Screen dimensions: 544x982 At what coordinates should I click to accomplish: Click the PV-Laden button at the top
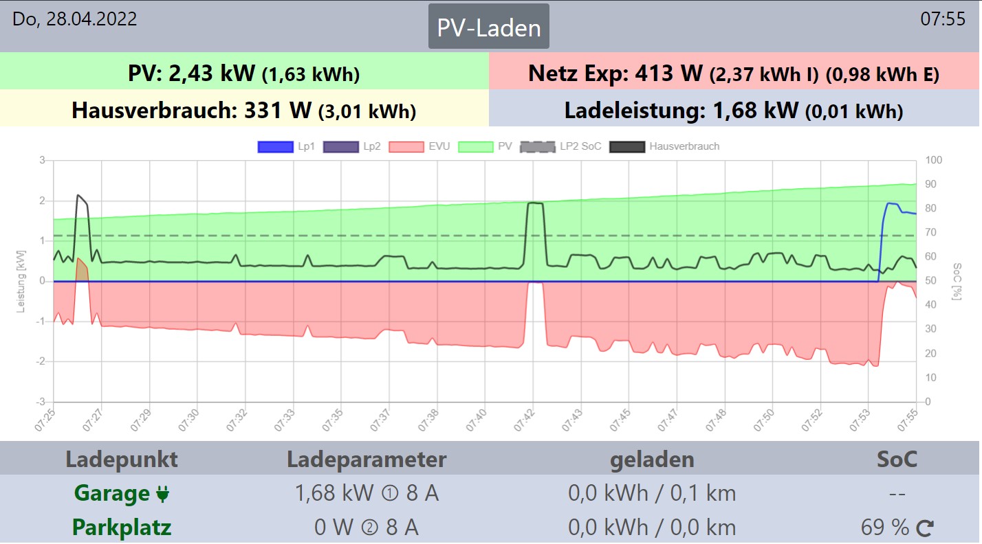click(489, 27)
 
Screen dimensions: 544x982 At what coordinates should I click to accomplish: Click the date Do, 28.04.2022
click(75, 19)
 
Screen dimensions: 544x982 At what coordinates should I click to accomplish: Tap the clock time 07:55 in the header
click(943, 19)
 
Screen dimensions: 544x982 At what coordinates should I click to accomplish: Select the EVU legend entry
click(419, 146)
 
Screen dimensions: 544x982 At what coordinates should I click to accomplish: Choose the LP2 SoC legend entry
click(560, 146)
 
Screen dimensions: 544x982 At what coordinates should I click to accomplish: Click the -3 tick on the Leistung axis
click(42, 401)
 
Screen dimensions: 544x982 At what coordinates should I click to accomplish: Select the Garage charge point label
click(112, 493)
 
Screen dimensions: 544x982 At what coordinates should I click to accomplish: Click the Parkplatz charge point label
click(122, 528)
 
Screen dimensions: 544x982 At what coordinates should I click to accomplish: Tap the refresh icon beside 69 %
click(925, 528)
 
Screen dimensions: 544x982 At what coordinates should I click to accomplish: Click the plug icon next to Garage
click(163, 493)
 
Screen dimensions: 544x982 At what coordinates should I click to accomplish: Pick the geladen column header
click(652, 459)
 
